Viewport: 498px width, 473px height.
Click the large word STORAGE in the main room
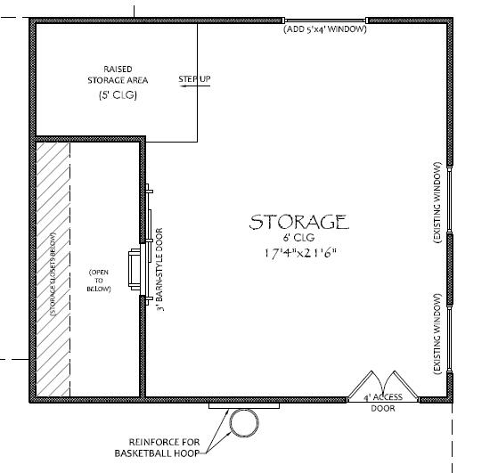[x=298, y=221]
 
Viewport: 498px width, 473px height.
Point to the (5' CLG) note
[x=118, y=95]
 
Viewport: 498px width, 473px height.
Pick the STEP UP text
[x=194, y=79]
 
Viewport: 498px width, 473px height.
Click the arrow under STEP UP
[x=194, y=87]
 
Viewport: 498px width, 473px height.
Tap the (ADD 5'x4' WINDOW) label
[x=325, y=29]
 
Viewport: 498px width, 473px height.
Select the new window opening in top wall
[x=325, y=20]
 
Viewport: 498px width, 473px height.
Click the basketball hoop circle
[x=241, y=425]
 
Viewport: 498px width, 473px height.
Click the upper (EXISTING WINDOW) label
[x=437, y=200]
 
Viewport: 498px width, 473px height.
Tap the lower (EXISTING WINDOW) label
[x=437, y=332]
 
